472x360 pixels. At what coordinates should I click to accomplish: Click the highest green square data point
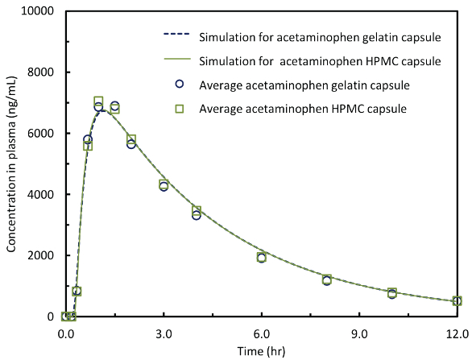coord(98,101)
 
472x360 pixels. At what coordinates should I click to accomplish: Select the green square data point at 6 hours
coord(262,258)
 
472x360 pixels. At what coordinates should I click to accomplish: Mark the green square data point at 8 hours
coord(327,279)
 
